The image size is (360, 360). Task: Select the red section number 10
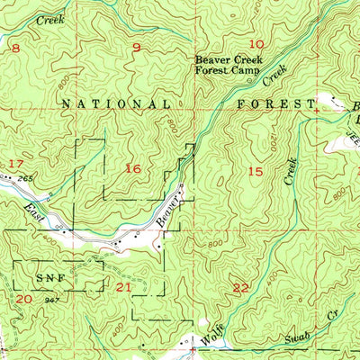coord(257,44)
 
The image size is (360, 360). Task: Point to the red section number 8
coord(14,48)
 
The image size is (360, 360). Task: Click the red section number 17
coord(14,164)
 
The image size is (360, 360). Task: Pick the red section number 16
coord(133,168)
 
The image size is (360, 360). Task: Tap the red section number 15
coord(256,170)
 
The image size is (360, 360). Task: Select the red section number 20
coord(23,298)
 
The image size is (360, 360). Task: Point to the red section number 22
coord(240,288)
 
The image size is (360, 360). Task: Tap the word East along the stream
coord(32,213)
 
